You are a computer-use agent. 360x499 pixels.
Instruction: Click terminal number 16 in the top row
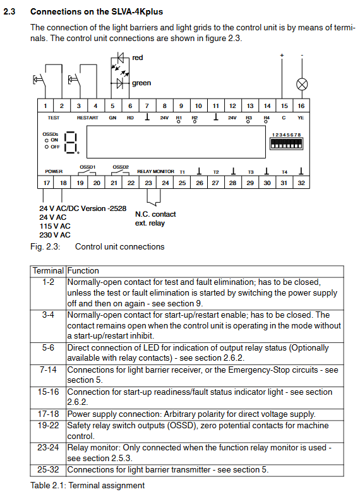coord(301,106)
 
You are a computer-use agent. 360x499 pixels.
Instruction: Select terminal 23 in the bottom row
coord(148,183)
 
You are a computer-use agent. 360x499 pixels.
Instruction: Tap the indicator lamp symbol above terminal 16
coord(302,85)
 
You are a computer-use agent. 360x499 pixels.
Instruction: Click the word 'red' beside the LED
coord(138,57)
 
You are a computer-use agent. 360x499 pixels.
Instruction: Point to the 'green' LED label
coord(141,83)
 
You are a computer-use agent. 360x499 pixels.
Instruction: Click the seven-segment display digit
coord(71,143)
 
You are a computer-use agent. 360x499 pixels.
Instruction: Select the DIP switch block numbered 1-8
coord(286,143)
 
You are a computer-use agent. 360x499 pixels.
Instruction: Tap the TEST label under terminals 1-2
coord(54,117)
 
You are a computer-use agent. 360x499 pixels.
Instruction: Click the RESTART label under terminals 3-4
coord(88,117)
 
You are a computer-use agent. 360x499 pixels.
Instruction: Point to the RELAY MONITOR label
coord(155,172)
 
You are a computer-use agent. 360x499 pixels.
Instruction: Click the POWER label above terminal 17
coord(54,172)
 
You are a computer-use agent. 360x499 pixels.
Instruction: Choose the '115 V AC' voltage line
coord(55,226)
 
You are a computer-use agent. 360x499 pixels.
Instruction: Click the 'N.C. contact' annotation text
coord(155,214)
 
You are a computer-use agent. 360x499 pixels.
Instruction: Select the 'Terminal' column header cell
coord(48,271)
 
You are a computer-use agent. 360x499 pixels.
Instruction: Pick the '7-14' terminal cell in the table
coord(48,370)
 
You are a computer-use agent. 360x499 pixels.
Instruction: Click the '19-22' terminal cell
coord(48,426)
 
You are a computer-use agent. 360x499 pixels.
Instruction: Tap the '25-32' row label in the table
coord(48,470)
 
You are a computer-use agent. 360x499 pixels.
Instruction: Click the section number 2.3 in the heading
coord(9,12)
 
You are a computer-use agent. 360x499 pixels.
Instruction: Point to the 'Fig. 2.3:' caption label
coord(45,247)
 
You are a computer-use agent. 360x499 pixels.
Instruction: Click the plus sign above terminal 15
coord(282,56)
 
